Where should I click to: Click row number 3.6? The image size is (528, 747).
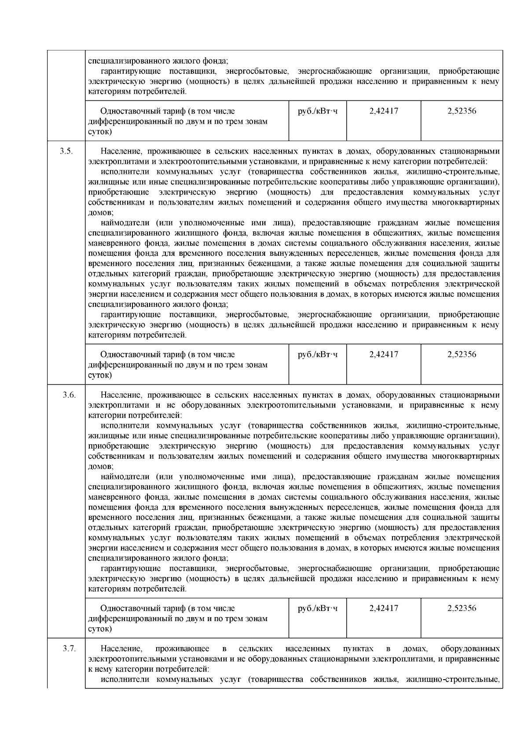(69, 395)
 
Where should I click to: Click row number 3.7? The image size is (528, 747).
(69, 649)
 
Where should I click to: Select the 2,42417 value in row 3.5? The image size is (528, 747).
(384, 354)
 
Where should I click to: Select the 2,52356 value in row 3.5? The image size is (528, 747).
(462, 354)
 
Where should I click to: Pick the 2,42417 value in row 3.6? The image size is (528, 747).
(384, 608)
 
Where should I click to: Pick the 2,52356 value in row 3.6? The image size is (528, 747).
(462, 608)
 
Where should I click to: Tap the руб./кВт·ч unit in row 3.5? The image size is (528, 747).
(318, 354)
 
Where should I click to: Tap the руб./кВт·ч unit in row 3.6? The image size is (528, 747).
(318, 608)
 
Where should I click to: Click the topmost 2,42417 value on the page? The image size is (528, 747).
(384, 111)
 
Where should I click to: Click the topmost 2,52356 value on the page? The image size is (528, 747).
(462, 111)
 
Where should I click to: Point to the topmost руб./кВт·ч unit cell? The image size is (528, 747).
(318, 111)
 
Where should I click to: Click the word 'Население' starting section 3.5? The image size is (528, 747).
(120, 151)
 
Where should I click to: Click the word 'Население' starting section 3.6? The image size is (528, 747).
(120, 395)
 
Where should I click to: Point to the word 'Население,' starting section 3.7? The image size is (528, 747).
(121, 649)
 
